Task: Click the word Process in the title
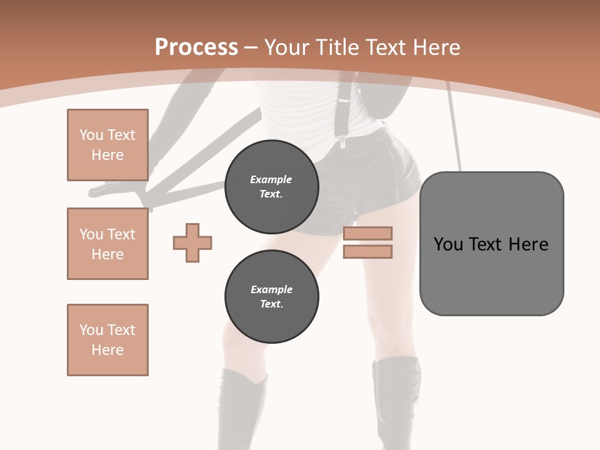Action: pos(196,47)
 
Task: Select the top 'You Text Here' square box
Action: pos(107,145)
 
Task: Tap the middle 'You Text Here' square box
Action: pos(107,244)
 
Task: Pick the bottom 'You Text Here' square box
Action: pos(107,340)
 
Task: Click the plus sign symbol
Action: pos(192,242)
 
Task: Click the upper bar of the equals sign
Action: pos(367,233)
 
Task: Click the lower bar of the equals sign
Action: pos(367,252)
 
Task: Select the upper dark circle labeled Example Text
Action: pos(271,186)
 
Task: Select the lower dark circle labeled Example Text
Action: pos(271,296)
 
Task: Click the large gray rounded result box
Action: pos(491,275)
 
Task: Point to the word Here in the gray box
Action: pos(528,244)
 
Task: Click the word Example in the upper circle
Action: pos(271,179)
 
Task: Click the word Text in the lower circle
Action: pos(271,304)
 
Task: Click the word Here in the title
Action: pos(437,47)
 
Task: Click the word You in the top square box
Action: pos(91,135)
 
